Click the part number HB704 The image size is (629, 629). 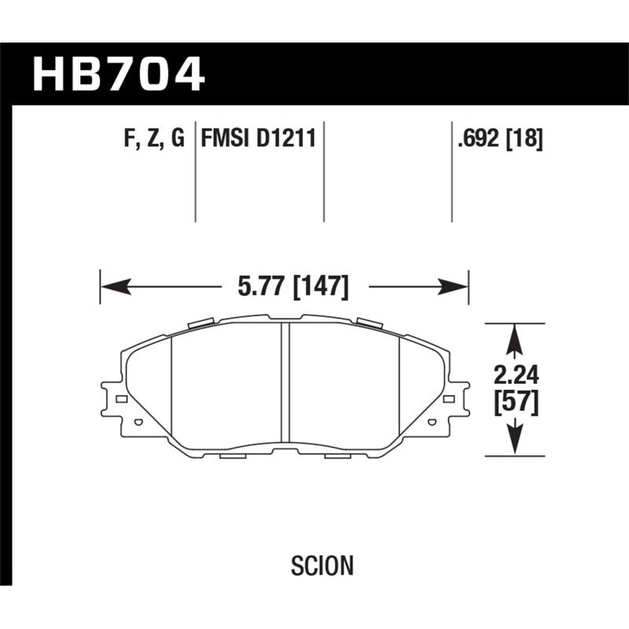118,75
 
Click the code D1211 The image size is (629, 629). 286,138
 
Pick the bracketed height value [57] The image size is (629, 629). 515,403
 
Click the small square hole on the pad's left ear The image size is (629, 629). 120,399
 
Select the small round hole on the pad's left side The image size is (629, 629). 139,423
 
